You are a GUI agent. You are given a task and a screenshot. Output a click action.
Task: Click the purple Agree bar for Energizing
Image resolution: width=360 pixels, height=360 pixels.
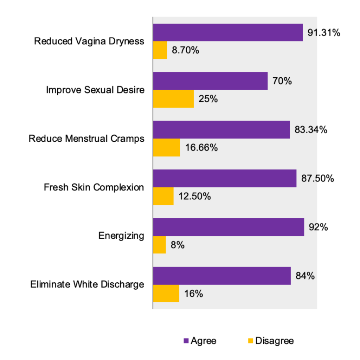pos(229,227)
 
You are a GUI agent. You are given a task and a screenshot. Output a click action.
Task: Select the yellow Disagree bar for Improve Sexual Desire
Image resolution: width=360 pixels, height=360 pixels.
pos(173,99)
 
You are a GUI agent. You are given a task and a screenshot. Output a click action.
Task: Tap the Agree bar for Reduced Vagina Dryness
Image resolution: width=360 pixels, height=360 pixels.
pos(228,33)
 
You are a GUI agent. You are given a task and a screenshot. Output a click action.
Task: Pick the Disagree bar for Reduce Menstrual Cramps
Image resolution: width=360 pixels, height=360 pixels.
pos(167,148)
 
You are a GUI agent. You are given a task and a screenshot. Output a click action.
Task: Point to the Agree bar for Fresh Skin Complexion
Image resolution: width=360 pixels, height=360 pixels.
pos(225,179)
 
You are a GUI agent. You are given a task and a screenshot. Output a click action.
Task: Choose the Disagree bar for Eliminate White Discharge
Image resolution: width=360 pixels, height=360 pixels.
pos(166,294)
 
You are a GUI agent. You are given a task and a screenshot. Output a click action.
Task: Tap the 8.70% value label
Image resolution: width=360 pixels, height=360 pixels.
pos(185,50)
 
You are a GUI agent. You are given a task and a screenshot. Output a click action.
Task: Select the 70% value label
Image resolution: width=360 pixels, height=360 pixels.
pos(282,81)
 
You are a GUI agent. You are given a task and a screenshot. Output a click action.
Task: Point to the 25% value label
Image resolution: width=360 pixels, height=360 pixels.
pos(208,99)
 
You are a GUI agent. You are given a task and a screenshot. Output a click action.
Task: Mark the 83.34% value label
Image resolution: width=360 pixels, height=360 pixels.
pos(311,130)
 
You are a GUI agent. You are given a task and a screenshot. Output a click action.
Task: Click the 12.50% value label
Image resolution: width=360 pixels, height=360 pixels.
pos(195,196)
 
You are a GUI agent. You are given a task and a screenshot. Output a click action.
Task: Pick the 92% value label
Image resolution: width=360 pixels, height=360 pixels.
pos(318,227)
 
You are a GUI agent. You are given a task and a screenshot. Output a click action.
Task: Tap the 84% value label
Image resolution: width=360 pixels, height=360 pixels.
pos(304,276)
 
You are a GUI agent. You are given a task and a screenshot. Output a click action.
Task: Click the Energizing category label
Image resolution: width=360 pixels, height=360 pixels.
pos(121,236)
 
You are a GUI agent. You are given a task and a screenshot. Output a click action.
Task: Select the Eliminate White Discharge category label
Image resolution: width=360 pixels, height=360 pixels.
pos(87,284)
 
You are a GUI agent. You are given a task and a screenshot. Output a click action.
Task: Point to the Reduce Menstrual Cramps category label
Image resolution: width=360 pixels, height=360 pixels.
pos(86,139)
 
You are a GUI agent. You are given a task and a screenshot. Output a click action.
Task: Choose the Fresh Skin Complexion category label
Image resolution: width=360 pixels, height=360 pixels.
pos(94,187)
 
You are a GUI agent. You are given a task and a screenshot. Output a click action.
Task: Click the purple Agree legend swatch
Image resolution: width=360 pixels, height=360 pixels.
pos(186,341)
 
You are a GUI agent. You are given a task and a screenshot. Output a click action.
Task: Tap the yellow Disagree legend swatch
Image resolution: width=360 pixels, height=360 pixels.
pos(251,341)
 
